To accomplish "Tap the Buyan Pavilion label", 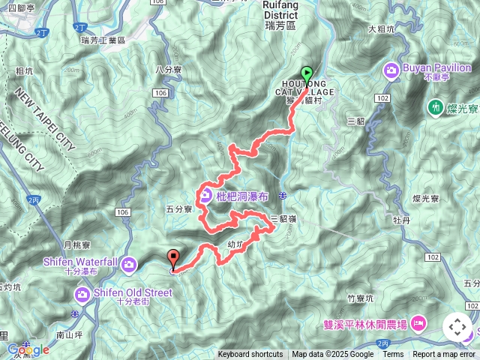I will [429, 66].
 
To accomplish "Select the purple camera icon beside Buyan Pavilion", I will [391, 70].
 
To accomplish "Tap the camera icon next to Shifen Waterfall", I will [130, 264].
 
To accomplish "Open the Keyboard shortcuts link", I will [250, 355].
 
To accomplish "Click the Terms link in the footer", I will [393, 355].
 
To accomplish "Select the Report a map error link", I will [445, 355].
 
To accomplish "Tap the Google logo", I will [28, 349].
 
